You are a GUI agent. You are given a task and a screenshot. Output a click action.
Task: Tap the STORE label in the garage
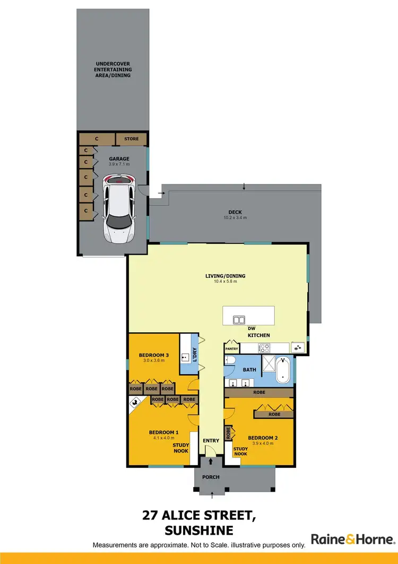132,139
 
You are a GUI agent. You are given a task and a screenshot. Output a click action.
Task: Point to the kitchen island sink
239,320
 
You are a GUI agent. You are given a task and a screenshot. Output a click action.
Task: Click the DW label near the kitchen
251,329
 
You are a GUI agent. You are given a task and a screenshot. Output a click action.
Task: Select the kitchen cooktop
264,348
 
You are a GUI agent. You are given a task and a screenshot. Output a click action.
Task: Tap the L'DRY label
195,354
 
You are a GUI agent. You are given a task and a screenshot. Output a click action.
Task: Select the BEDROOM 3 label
154,355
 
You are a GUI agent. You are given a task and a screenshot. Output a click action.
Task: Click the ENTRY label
211,440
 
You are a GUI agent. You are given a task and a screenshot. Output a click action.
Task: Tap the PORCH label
211,477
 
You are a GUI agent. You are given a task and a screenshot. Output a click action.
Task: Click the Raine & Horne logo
352,539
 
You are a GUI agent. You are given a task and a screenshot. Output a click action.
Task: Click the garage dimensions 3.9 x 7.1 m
119,164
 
